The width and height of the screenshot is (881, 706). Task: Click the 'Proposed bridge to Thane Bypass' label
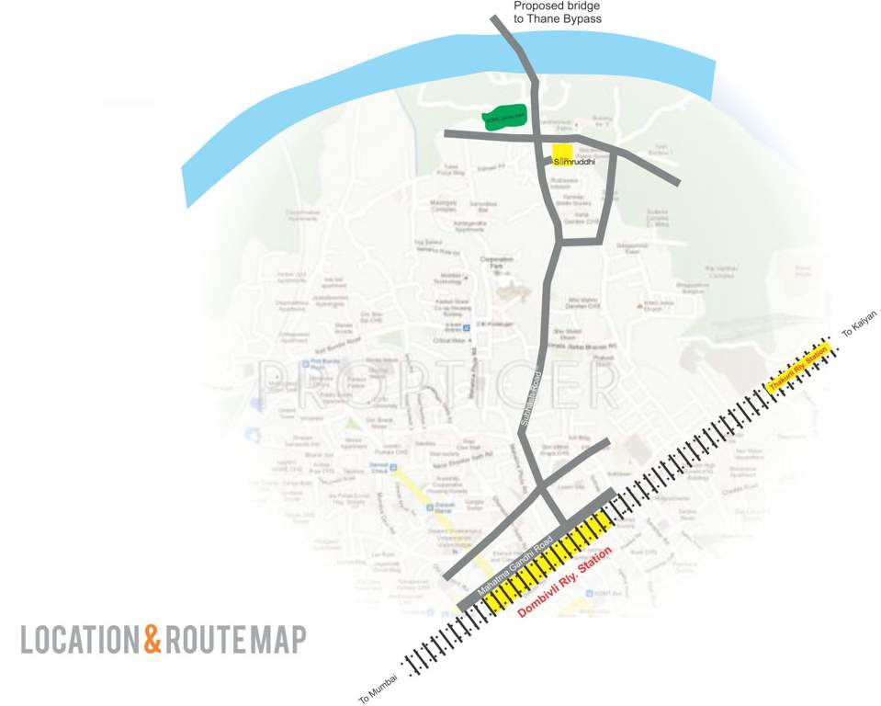pyautogui.click(x=550, y=12)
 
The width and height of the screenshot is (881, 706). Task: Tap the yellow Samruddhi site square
pyautogui.click(x=562, y=153)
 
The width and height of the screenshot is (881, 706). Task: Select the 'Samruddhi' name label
pyautogui.click(x=574, y=163)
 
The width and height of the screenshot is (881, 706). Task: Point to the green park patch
pyautogui.click(x=504, y=117)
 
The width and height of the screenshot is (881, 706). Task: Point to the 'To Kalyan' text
pyautogui.click(x=860, y=326)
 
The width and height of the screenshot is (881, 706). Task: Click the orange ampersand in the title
pyautogui.click(x=152, y=640)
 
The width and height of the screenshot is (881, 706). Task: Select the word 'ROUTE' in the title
pyautogui.click(x=208, y=640)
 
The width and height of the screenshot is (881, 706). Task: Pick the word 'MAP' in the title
pyautogui.click(x=280, y=640)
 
